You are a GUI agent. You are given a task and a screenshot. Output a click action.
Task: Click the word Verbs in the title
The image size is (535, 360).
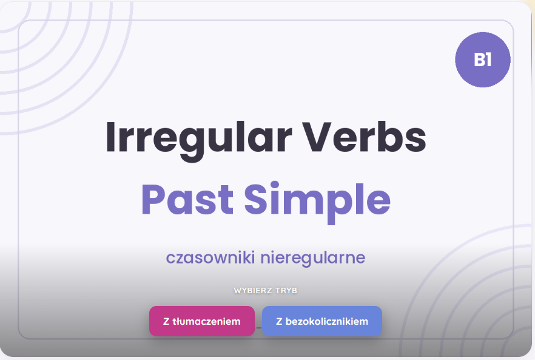point(365,137)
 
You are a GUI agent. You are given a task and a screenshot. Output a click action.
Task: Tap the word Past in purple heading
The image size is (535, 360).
point(187,199)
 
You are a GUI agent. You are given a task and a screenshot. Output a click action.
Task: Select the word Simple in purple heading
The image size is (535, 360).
point(317,202)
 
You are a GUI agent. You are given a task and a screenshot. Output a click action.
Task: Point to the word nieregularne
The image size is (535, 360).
point(313,259)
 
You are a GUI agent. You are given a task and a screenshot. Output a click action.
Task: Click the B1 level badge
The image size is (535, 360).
point(483,59)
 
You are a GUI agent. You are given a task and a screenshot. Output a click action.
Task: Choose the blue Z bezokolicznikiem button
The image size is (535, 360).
point(321,321)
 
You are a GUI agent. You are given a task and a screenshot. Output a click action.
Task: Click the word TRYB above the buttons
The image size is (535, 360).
point(286,291)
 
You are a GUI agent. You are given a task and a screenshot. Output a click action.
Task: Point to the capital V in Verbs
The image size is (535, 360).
point(317,137)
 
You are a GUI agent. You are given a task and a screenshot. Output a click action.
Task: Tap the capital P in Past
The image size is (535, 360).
point(151,200)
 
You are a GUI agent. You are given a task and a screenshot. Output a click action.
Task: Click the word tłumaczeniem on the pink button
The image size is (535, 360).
point(206,321)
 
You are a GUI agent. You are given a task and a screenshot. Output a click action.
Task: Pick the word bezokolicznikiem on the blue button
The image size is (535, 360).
point(327,321)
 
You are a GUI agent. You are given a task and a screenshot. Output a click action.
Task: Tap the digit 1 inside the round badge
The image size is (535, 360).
point(488,59)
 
